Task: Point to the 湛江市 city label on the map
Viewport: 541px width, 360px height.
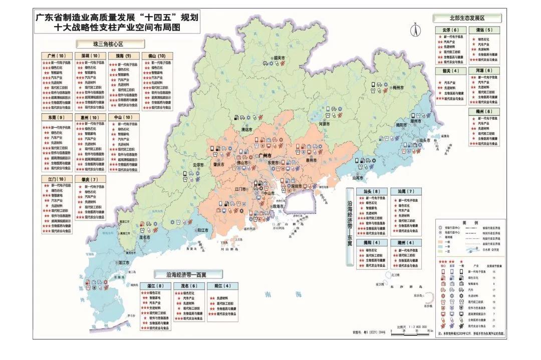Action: pos(124,262)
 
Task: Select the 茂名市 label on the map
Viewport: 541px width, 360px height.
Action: pos(144,238)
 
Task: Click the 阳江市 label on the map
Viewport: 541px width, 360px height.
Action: pos(203,230)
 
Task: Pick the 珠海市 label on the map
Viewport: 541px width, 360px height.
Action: pos(278,206)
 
